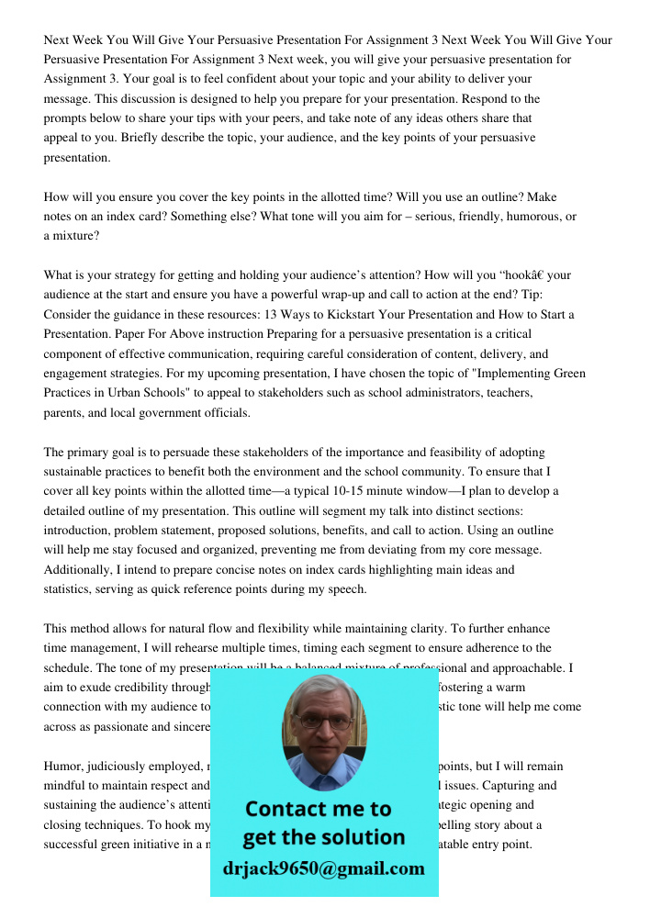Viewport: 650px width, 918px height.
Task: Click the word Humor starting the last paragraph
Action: [64, 766]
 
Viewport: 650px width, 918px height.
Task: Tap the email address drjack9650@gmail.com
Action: [323, 868]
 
